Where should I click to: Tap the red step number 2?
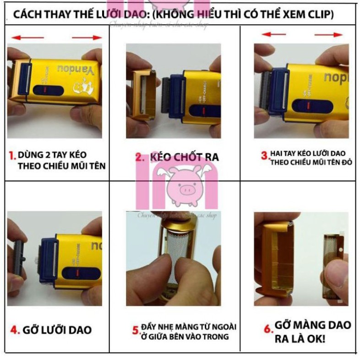(140, 158)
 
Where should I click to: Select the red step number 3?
(265, 155)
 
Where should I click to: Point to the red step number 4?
(14, 330)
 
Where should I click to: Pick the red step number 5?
(135, 330)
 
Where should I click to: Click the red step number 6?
(267, 329)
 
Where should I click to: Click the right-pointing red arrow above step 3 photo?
(329, 35)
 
